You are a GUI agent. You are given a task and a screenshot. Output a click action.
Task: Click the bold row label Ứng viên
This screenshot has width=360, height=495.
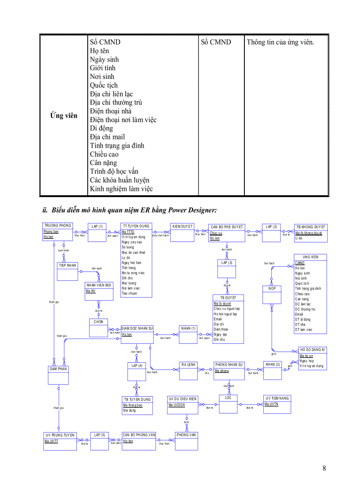(x=64, y=115)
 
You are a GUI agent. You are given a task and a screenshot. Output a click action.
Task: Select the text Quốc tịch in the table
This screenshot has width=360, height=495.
(x=104, y=85)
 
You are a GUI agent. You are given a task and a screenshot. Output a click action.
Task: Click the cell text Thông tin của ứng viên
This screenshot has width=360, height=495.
(x=280, y=42)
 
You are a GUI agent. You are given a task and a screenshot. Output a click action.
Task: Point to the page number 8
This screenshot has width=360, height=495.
(x=324, y=468)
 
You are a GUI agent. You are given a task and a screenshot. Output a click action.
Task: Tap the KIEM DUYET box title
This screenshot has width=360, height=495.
(x=183, y=226)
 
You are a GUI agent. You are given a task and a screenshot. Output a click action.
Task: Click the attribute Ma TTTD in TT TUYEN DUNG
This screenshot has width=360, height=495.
(x=128, y=232)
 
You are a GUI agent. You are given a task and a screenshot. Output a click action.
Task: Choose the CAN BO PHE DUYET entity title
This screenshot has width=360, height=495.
(x=227, y=227)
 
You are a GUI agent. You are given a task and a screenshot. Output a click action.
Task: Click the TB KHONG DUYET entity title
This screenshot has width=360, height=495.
(x=311, y=227)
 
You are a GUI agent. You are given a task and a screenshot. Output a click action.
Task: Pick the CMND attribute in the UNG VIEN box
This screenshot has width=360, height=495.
(x=300, y=263)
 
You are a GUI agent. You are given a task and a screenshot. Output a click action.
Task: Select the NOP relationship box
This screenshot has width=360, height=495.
(x=272, y=294)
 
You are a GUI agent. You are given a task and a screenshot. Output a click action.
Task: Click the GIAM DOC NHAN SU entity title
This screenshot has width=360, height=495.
(x=137, y=328)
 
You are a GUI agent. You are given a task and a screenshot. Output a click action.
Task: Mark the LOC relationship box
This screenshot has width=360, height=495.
(x=228, y=403)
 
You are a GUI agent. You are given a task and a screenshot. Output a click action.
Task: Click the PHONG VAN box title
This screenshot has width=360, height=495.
(x=186, y=435)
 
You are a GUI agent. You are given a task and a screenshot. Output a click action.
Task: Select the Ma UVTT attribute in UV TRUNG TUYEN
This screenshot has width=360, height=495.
(x=51, y=441)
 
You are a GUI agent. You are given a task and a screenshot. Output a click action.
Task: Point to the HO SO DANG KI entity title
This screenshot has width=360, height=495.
(x=312, y=350)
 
